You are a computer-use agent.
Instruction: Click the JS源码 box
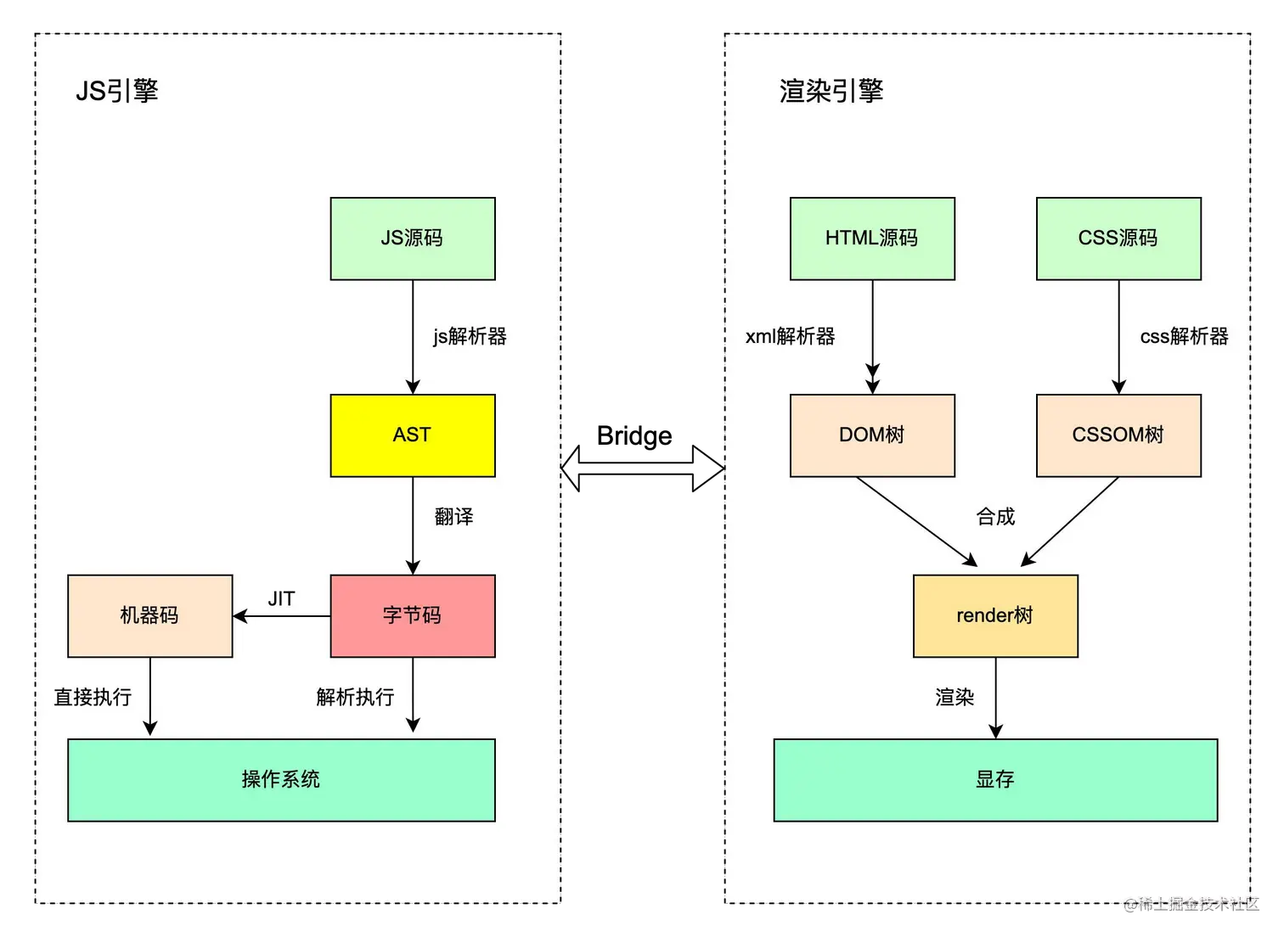(413, 238)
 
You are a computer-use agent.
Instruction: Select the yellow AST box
(413, 435)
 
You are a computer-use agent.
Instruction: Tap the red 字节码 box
(413, 615)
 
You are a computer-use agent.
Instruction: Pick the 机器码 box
(150, 615)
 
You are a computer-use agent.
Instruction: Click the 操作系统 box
(281, 779)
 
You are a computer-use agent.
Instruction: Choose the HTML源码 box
(872, 238)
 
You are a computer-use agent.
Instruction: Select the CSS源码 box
(1118, 238)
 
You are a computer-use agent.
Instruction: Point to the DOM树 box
(872, 435)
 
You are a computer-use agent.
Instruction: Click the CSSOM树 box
(1118, 435)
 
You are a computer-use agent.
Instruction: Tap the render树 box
(995, 615)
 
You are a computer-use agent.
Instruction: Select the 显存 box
(995, 779)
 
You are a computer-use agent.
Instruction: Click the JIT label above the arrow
(281, 599)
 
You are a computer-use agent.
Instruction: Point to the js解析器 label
(470, 337)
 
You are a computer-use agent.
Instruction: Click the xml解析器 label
(790, 337)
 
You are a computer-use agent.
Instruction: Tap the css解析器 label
(1184, 337)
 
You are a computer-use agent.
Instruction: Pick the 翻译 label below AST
(454, 517)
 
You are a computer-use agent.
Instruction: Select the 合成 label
(996, 517)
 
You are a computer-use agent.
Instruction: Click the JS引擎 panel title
(117, 91)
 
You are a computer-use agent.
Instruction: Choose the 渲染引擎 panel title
(831, 91)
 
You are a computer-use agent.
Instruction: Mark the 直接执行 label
(93, 698)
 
